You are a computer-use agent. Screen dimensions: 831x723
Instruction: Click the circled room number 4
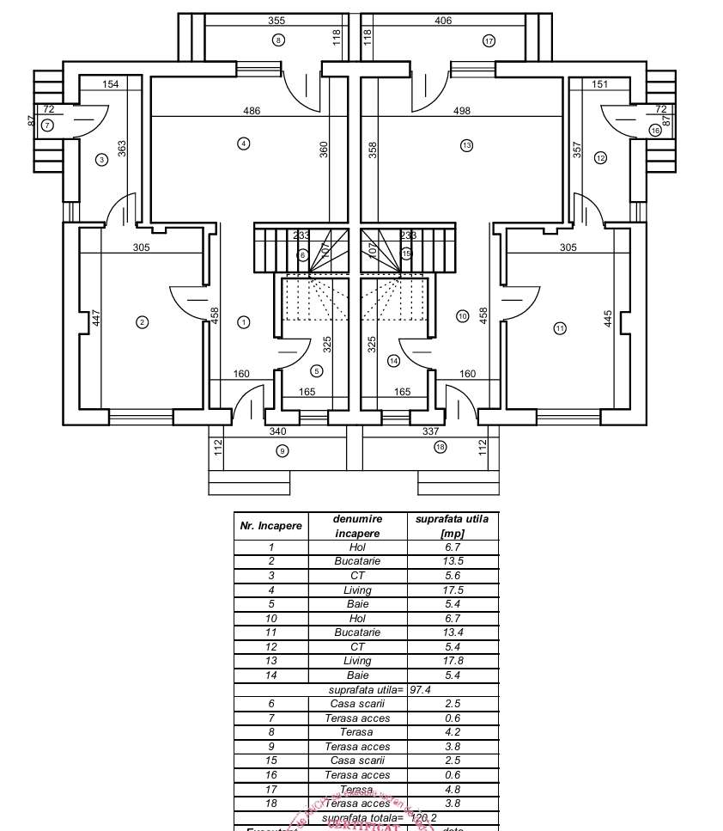tap(244, 144)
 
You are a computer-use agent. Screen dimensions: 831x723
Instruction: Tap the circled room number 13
tap(466, 145)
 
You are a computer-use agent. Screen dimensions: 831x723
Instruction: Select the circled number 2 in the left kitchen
tap(143, 322)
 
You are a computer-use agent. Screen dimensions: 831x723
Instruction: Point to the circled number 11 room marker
tap(560, 327)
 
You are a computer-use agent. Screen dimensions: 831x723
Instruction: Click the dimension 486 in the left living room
tap(251, 111)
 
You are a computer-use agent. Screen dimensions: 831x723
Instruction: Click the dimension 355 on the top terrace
tap(276, 20)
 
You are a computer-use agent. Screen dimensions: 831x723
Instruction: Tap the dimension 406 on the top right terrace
tap(443, 20)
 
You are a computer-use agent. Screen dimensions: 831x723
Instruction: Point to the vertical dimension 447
tap(97, 318)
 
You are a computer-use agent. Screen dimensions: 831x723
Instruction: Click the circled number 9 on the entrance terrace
tap(283, 451)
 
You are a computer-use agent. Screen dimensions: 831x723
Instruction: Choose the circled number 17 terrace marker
tap(489, 40)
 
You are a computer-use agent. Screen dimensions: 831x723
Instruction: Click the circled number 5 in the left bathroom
tap(317, 371)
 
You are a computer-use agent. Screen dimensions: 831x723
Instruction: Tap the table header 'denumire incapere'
tap(357, 525)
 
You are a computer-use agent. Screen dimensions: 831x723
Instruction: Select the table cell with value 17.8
tap(452, 661)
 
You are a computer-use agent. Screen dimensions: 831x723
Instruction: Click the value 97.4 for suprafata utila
tap(421, 690)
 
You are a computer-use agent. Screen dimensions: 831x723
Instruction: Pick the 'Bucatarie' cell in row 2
tap(357, 561)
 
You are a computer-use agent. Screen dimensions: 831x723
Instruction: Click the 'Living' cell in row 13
tap(357, 661)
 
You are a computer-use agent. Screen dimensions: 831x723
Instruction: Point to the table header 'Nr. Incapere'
tap(270, 525)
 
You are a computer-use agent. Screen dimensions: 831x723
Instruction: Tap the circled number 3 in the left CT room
tap(101, 159)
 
